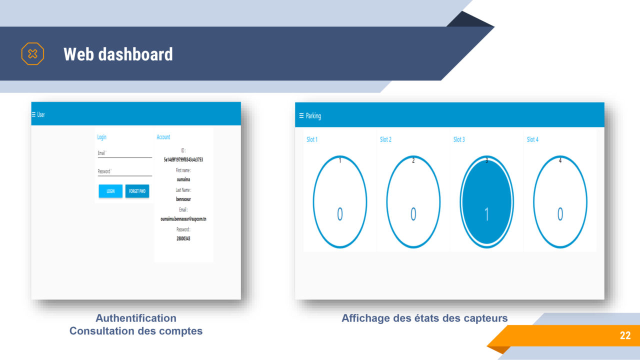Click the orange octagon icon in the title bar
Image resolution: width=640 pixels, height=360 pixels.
pyautogui.click(x=32, y=54)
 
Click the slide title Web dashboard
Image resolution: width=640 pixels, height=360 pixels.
pyautogui.click(x=118, y=54)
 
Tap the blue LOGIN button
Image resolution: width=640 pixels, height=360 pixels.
pyautogui.click(x=110, y=191)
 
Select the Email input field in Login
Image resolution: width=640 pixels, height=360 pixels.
pyautogui.click(x=124, y=153)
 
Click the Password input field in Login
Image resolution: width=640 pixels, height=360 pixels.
pyautogui.click(x=124, y=171)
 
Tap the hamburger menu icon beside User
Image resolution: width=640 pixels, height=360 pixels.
pyautogui.click(x=33, y=114)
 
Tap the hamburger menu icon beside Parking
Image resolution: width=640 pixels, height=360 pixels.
pyautogui.click(x=301, y=116)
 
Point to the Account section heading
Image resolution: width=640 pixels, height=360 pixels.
pyautogui.click(x=163, y=137)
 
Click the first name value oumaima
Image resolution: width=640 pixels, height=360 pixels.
pyautogui.click(x=183, y=179)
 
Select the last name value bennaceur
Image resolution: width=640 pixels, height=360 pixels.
pyautogui.click(x=183, y=199)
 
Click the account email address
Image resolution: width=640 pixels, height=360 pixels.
pyautogui.click(x=183, y=219)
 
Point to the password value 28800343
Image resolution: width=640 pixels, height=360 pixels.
pyautogui.click(x=183, y=238)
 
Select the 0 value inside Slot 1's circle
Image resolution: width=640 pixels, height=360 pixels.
pyautogui.click(x=340, y=214)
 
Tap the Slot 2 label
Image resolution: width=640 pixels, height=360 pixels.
pyautogui.click(x=385, y=139)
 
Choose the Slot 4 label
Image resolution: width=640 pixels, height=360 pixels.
pyautogui.click(x=532, y=139)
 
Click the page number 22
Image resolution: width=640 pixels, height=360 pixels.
pyautogui.click(x=625, y=335)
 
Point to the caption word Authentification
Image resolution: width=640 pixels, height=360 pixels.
pyautogui.click(x=136, y=318)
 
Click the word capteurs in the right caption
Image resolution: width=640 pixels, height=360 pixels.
pyautogui.click(x=483, y=318)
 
